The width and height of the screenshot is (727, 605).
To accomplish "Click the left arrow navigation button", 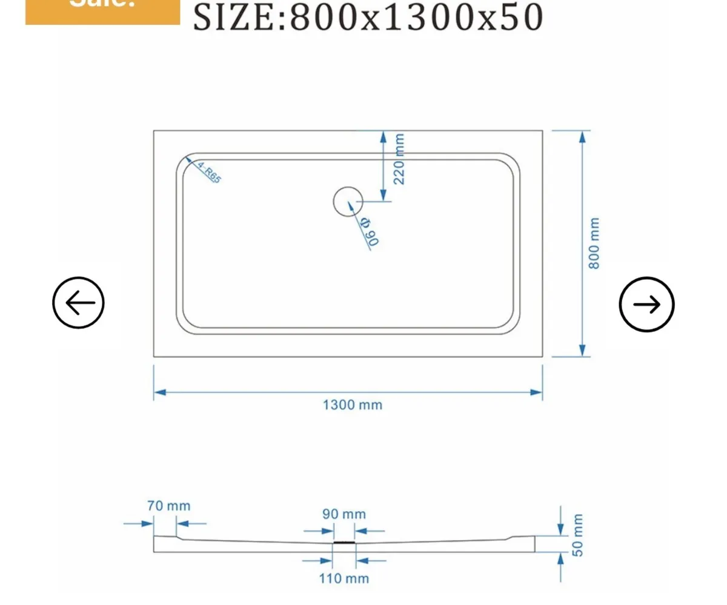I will click(x=79, y=303).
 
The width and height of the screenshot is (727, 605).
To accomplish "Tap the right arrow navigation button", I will click(x=646, y=305).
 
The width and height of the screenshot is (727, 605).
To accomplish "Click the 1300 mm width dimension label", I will click(x=352, y=405).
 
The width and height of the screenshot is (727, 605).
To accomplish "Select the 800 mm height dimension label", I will click(x=594, y=243).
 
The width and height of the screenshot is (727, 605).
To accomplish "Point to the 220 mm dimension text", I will click(x=399, y=159).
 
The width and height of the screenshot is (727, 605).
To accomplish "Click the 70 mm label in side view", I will click(x=169, y=506).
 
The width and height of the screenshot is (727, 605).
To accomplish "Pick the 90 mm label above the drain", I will click(x=344, y=514).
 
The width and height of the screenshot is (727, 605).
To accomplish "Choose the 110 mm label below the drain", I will click(x=344, y=578).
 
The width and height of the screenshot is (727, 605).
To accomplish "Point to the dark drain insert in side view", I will click(x=344, y=543).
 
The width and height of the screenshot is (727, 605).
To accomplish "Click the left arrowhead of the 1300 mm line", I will click(x=159, y=392).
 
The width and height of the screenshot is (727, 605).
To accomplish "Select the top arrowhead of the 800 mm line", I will click(x=582, y=136).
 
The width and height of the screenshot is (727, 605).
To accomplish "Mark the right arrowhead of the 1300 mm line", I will click(x=536, y=392).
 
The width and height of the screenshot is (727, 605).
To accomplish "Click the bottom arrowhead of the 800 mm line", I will click(x=582, y=350).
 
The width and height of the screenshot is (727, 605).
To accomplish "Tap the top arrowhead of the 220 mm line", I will click(x=383, y=136).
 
